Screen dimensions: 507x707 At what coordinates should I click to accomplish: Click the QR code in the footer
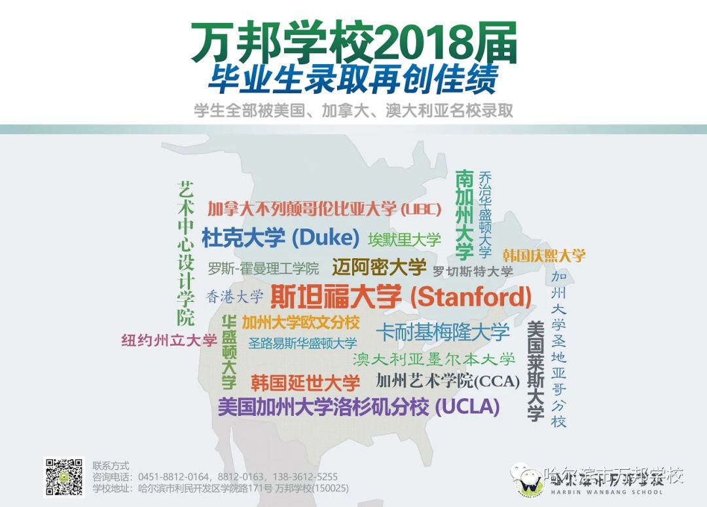click(63, 477)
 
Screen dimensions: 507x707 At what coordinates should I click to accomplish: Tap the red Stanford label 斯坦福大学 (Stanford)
click(401, 297)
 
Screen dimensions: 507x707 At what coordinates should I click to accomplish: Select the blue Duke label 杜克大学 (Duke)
click(280, 237)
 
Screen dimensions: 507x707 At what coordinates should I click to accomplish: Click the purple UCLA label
click(359, 407)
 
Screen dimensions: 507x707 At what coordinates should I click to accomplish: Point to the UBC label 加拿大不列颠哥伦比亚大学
click(321, 209)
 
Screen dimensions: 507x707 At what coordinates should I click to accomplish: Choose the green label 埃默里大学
click(405, 239)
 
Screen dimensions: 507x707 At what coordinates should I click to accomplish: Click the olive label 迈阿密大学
click(379, 267)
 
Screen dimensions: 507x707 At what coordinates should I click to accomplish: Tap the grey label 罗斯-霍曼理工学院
click(263, 269)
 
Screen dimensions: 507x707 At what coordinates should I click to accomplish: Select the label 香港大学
click(234, 297)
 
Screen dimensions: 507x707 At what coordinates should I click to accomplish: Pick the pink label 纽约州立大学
click(169, 340)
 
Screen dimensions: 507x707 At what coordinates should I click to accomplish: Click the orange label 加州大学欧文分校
click(300, 322)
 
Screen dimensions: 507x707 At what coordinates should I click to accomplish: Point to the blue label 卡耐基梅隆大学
click(443, 331)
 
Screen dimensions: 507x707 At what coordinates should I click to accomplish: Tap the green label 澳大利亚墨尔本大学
click(434, 359)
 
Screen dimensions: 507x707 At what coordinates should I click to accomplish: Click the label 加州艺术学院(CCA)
click(448, 381)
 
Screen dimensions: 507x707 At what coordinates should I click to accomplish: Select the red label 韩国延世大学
click(305, 383)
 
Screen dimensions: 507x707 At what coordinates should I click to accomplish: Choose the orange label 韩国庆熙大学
click(544, 255)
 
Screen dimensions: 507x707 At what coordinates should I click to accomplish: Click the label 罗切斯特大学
click(473, 271)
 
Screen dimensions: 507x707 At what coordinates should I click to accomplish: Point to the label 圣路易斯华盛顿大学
click(302, 343)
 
